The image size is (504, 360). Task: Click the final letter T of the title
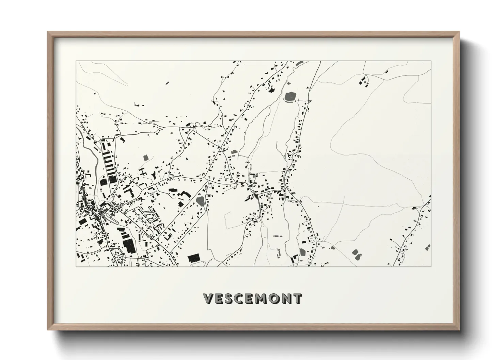coord(297,298)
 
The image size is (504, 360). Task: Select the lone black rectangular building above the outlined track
coord(194,258)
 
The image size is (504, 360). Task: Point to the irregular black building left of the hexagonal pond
coord(271,90)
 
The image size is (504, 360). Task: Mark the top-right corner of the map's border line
coord(431,61)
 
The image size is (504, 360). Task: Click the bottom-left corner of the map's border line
coord(76,266)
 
